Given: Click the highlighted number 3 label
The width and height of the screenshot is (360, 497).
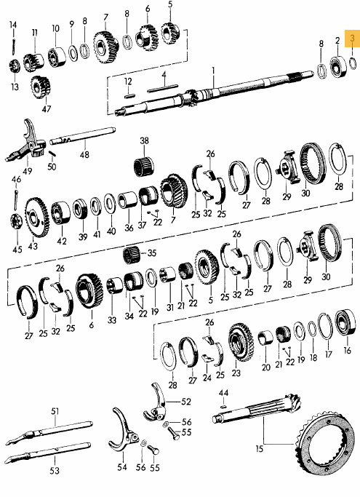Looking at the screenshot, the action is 353,39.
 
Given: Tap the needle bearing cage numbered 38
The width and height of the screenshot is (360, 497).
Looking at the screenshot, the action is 143,166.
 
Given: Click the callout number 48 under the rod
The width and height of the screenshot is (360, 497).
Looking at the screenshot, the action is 84,155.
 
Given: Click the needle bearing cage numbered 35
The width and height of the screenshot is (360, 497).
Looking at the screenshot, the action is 133,255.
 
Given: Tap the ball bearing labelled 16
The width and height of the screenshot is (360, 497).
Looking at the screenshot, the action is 346,322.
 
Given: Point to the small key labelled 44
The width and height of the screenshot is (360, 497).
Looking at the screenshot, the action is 223,406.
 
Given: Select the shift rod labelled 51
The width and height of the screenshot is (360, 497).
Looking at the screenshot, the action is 49,432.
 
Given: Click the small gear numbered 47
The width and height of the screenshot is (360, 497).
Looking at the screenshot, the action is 41,87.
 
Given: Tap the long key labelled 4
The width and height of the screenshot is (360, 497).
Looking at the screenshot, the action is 162,89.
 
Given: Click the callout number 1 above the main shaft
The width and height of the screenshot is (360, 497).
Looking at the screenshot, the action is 213,70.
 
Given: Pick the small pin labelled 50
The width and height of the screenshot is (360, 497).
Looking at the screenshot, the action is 52,154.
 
